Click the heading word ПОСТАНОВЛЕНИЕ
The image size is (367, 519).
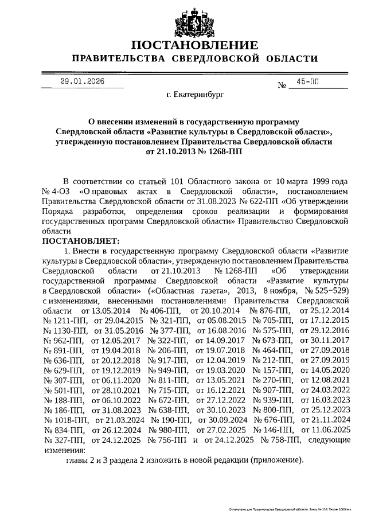(x=193, y=45)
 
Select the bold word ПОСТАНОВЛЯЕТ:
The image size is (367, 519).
(x=80, y=240)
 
